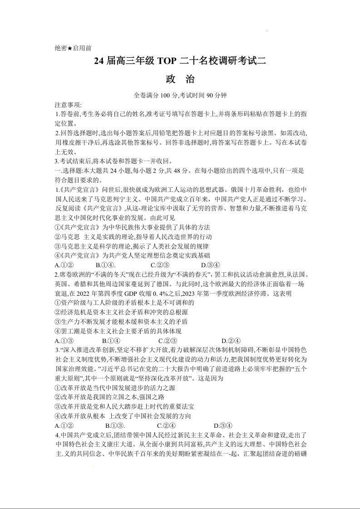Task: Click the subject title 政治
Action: (x=180, y=79)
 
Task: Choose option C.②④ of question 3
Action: (x=166, y=425)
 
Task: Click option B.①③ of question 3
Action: (x=115, y=425)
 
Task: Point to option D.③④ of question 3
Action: (x=223, y=425)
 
